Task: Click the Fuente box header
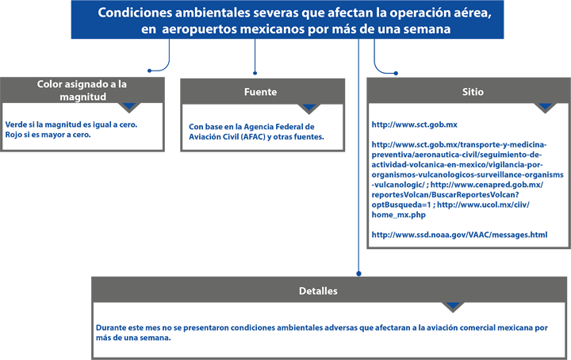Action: coord(260,92)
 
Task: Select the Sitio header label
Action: coord(473,92)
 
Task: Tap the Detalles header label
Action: coord(318,291)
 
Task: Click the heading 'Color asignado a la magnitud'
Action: coord(82,90)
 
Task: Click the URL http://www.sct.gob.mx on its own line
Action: coord(415,124)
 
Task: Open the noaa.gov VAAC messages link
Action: coord(459,235)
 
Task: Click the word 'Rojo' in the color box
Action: coord(13,135)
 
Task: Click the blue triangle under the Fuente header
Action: coord(308,107)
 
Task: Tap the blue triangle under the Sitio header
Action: coord(545,106)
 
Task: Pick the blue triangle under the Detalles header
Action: coord(453,305)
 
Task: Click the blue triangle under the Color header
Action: coord(129,106)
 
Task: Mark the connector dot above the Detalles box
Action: coord(358,274)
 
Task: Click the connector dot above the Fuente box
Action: coord(255,73)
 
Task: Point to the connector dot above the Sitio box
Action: coord(396,73)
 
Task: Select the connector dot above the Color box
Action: coord(149,71)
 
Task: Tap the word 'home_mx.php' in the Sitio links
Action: coord(398,215)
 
